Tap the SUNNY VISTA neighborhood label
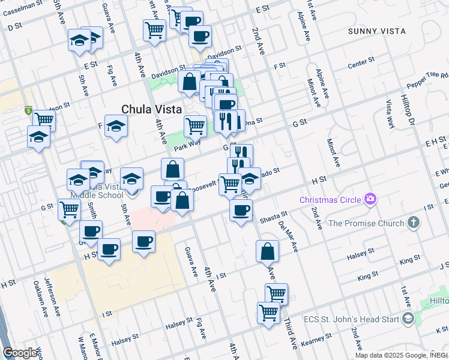point(376,31)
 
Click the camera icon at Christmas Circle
point(370,199)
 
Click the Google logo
point(20,353)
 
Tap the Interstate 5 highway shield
point(28,111)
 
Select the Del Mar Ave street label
point(288,236)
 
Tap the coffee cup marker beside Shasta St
point(241,211)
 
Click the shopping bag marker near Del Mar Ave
point(267,251)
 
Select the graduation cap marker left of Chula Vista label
point(116,126)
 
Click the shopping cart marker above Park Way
point(195,126)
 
